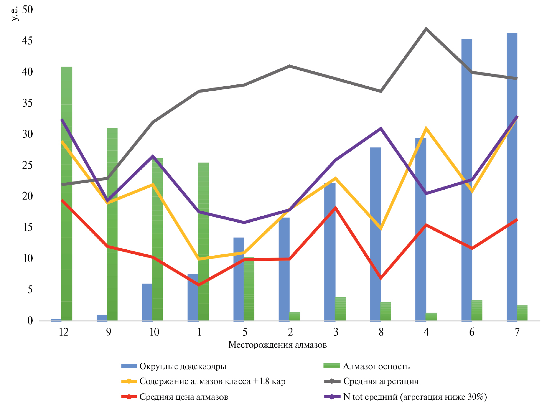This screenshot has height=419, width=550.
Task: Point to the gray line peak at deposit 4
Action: [x=426, y=29]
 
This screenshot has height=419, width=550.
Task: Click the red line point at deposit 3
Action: [x=336, y=208]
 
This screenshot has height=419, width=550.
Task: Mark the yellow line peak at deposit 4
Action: [x=426, y=128]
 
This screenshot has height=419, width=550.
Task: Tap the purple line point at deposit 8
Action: [x=381, y=128]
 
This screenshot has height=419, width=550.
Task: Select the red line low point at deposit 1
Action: [x=199, y=285]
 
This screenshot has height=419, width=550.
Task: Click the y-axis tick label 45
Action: [x=28, y=41]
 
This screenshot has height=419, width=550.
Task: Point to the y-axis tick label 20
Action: [x=28, y=196]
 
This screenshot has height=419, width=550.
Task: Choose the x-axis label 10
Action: [x=154, y=332]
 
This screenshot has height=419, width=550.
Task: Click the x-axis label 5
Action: [x=245, y=332]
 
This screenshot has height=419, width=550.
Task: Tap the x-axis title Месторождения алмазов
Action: [x=278, y=345]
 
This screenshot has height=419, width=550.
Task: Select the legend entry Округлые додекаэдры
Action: [x=183, y=366]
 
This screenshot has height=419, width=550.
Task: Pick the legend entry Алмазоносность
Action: [x=376, y=366]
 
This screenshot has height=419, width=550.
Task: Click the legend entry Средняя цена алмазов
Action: [x=184, y=397]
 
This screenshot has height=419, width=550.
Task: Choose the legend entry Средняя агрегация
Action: [x=381, y=381]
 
